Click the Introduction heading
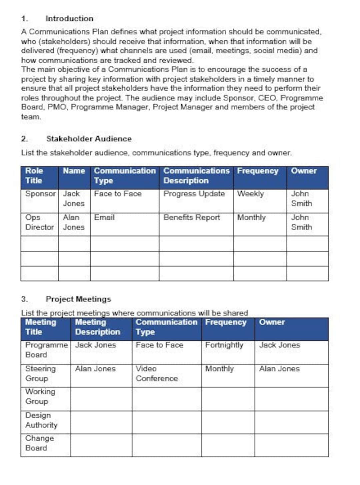[x=69, y=19]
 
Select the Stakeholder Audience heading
[x=89, y=139]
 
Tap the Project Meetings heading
[x=78, y=299]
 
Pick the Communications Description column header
[x=196, y=176]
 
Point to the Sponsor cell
[x=40, y=194]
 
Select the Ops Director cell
[x=39, y=222]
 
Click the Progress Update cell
[x=194, y=194]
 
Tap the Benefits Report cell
[x=192, y=218]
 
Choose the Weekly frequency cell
[x=250, y=194]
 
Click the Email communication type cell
[x=104, y=218]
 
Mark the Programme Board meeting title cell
[x=46, y=350]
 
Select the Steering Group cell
[x=40, y=373]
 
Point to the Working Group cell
[x=40, y=396]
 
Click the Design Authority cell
[x=41, y=420]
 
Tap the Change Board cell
[x=39, y=443]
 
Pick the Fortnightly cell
[x=224, y=345]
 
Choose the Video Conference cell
[x=156, y=373]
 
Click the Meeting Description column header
[x=97, y=327]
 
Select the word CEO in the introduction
[x=267, y=98]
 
